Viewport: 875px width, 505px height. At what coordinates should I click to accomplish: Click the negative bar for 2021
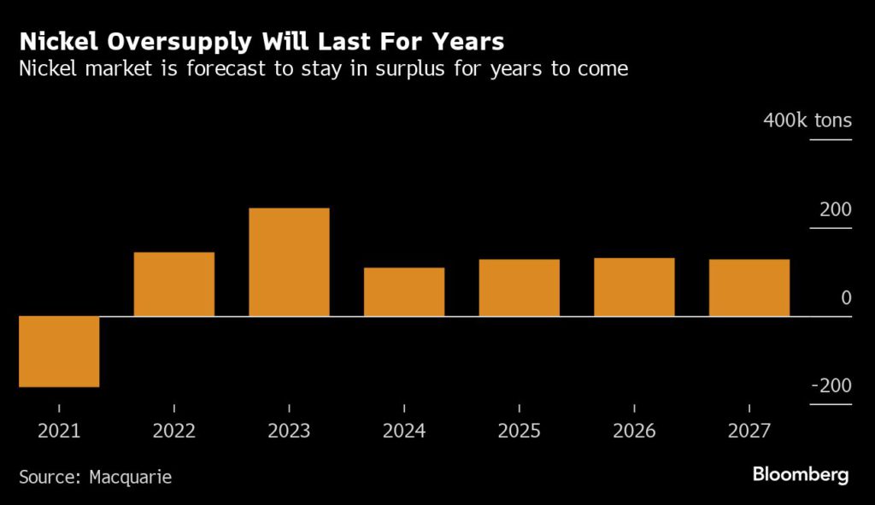(59, 351)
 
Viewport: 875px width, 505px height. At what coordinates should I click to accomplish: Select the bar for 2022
(174, 284)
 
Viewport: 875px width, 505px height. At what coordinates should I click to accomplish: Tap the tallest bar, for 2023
(289, 261)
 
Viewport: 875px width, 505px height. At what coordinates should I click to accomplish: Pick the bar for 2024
(404, 291)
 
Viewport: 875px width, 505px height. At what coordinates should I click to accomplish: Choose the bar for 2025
(519, 287)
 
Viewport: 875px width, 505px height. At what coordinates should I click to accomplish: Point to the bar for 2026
(634, 286)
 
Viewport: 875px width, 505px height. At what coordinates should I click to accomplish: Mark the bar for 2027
(749, 287)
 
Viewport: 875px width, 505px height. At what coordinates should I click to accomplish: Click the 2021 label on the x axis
(59, 431)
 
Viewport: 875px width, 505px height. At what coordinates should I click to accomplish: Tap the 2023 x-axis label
(289, 431)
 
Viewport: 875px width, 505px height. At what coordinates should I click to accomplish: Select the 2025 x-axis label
(519, 431)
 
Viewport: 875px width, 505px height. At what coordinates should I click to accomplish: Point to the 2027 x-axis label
(749, 431)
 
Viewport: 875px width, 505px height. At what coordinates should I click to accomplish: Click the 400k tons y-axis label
(807, 120)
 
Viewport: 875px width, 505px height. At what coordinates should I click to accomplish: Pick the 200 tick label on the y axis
(836, 209)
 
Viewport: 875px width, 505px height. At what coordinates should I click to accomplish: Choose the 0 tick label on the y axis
(846, 298)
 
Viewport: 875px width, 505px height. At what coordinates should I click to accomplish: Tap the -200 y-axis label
(831, 386)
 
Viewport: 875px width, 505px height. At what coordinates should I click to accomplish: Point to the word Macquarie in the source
(130, 477)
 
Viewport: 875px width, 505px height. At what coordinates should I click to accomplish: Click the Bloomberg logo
(801, 475)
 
